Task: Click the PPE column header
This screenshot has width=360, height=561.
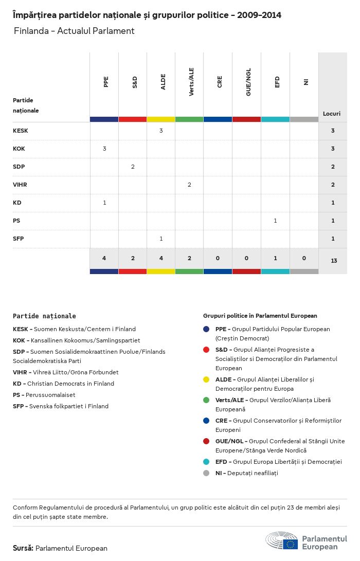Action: point(106,82)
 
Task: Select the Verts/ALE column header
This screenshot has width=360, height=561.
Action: point(191,82)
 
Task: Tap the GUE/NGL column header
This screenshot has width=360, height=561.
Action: point(248,82)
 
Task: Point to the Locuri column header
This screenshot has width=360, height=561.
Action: point(332,113)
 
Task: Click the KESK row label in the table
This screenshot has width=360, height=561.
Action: point(21,131)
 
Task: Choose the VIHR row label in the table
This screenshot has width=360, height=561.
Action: point(21,185)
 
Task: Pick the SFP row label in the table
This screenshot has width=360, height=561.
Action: point(19,239)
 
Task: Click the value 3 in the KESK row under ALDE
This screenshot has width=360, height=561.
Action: point(161,131)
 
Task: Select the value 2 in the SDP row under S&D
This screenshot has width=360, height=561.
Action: point(133,167)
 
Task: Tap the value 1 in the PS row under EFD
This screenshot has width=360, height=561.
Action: point(275,221)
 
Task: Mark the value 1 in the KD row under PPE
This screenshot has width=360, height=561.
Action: point(104,203)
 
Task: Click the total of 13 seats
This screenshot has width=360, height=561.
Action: point(334,261)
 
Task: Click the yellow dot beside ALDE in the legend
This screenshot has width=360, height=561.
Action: point(206,379)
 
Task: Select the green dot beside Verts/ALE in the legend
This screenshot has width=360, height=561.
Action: point(206,400)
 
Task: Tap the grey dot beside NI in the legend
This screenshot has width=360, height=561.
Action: point(206,473)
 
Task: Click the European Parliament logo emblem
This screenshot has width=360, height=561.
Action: point(282,541)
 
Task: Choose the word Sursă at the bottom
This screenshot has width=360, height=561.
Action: point(23,548)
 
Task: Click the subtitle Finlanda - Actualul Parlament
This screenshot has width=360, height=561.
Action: point(74,31)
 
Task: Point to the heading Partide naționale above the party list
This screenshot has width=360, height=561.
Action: point(44,316)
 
